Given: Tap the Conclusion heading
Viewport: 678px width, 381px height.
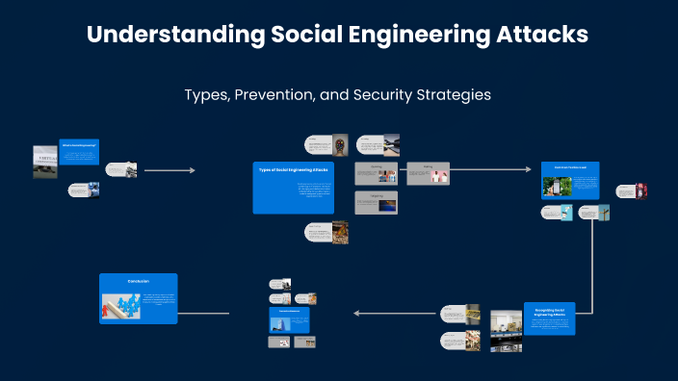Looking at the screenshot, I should click(x=139, y=281).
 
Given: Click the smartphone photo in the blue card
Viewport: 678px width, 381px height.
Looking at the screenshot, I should click(x=557, y=186).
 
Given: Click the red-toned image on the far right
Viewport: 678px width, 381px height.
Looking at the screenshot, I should click(x=640, y=190).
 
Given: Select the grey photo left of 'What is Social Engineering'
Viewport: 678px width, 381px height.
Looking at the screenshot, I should click(x=45, y=162).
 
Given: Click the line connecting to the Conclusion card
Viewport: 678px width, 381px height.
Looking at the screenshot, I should click(x=204, y=313).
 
